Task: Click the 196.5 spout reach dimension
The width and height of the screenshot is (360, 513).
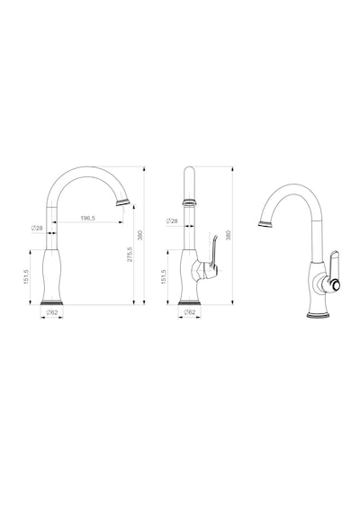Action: (x=87, y=218)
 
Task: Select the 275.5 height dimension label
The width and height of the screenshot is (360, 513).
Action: (x=130, y=254)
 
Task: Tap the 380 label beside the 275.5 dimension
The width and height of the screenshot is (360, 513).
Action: (x=140, y=235)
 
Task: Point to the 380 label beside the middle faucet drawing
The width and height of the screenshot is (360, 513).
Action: (x=229, y=235)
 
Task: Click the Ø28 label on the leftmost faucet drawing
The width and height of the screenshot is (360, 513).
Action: (x=37, y=228)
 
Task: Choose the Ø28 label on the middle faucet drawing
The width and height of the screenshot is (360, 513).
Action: (x=172, y=220)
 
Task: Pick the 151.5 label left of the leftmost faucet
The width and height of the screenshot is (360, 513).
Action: (x=26, y=277)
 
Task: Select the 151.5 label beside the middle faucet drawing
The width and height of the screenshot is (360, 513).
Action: (x=164, y=277)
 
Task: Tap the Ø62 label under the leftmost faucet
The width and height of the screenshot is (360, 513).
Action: (x=52, y=312)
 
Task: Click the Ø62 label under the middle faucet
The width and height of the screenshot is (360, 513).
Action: (x=190, y=312)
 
